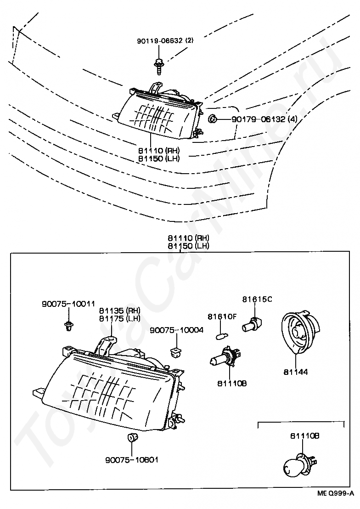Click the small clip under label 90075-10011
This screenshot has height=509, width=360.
click(x=68, y=326)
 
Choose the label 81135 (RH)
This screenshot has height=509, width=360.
click(x=120, y=310)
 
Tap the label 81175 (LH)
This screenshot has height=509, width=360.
click(x=119, y=318)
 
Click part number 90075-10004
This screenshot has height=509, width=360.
click(x=177, y=330)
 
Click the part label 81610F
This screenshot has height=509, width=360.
click(x=222, y=316)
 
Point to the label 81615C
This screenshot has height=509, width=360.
click(x=257, y=300)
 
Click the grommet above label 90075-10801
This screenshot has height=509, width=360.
click(x=132, y=437)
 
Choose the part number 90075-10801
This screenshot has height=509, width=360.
click(x=132, y=459)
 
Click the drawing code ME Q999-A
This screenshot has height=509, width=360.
click(x=336, y=494)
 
